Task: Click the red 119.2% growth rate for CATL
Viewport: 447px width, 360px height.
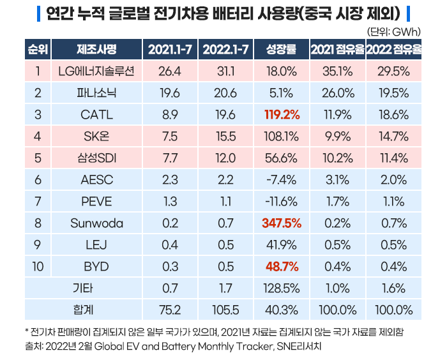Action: coord(281,115)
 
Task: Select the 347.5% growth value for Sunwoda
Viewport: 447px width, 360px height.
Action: coord(281,223)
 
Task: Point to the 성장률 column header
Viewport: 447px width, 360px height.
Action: coord(281,50)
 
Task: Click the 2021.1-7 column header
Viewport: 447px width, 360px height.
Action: coord(170,50)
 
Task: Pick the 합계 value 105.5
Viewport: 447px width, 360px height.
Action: coord(227,310)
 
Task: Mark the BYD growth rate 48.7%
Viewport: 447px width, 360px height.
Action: coord(281,267)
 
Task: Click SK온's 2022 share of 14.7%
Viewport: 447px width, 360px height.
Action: coord(393,137)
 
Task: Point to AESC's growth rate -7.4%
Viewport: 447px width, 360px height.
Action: coord(281,180)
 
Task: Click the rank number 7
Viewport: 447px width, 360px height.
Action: coord(38,202)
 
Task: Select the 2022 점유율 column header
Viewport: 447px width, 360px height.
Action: coord(393,50)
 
